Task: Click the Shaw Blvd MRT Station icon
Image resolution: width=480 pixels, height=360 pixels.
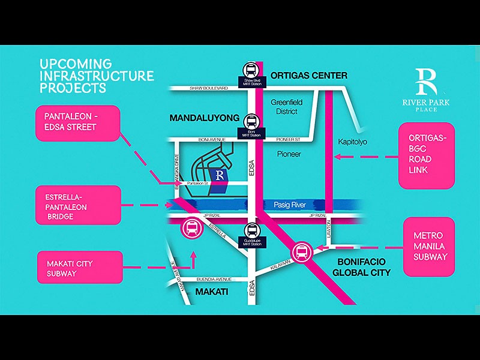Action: tap(251, 70)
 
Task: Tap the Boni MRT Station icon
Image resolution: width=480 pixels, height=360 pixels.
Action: tap(251, 120)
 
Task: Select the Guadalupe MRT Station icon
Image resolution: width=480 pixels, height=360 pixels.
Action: tap(252, 230)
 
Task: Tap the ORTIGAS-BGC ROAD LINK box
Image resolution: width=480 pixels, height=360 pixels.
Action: tap(427, 156)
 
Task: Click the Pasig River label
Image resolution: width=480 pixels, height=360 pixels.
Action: tap(290, 205)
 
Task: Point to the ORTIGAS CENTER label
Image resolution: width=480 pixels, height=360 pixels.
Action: tap(308, 76)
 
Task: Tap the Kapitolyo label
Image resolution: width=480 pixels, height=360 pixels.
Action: tap(352, 142)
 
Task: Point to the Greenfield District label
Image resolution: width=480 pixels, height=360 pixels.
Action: tap(287, 107)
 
